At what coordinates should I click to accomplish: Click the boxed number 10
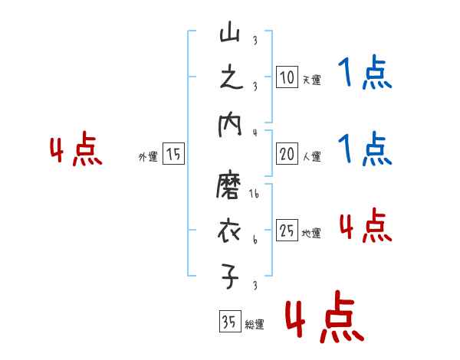(x=287, y=78)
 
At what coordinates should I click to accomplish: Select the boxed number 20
(x=287, y=155)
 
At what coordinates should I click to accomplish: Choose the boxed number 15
(x=173, y=155)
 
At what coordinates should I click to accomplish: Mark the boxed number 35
(x=228, y=322)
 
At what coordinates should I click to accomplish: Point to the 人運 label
(x=311, y=157)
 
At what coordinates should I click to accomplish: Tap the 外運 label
(x=147, y=157)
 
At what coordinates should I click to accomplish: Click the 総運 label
(x=254, y=325)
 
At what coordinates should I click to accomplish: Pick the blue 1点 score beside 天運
(x=365, y=74)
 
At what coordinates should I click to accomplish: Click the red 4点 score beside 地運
(x=365, y=226)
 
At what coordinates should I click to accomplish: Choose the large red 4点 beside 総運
(x=323, y=319)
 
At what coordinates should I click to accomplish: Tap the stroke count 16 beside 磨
(x=254, y=196)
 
